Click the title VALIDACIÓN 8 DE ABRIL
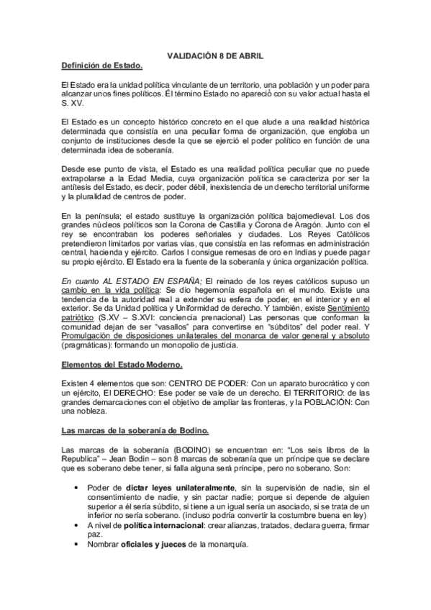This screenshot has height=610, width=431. [214, 55]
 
